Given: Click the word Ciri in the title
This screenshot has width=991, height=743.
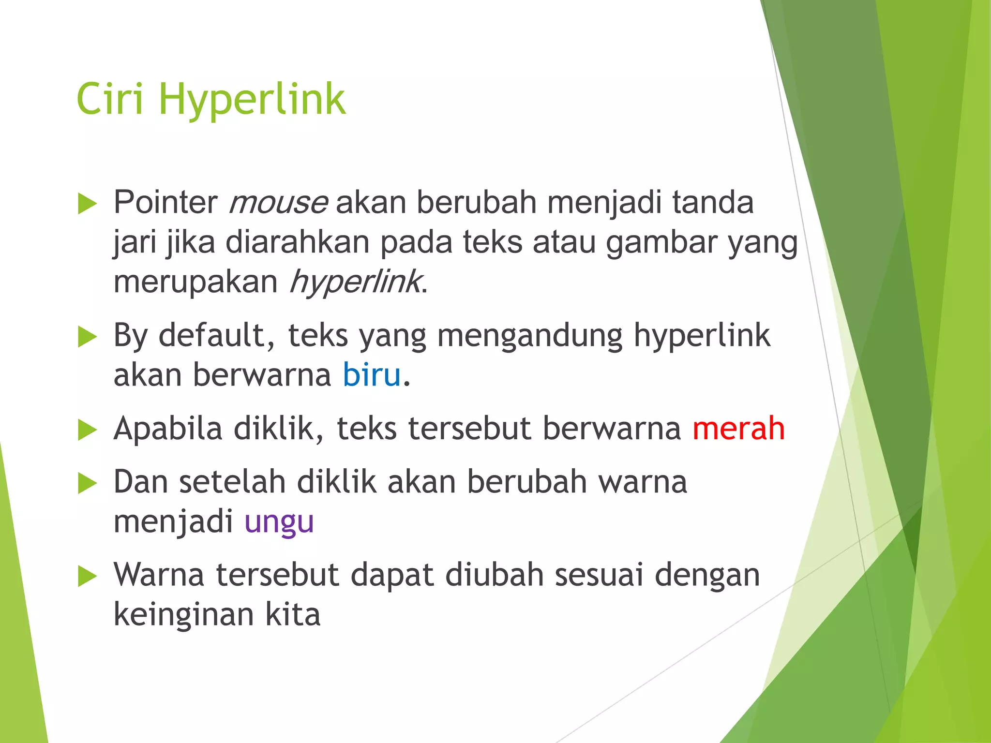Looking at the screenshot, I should tap(110, 99).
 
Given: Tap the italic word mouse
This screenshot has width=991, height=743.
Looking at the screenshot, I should tap(278, 203).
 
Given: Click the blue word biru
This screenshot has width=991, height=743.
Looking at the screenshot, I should tap(372, 375).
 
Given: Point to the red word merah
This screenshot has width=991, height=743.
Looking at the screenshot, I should tap(738, 429).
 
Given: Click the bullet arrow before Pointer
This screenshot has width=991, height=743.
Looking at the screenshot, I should tap(87, 204).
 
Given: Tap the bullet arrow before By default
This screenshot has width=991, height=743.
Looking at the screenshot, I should tap(87, 337).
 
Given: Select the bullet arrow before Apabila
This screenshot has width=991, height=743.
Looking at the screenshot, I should tap(87, 430).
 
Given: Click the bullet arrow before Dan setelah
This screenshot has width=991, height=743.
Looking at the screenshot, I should tap(87, 483).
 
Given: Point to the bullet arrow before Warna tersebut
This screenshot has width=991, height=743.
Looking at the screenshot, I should tap(87, 576).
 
